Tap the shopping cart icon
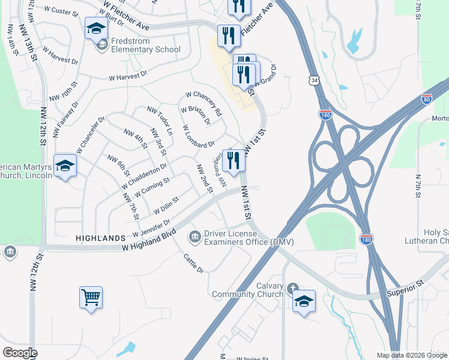pyautogui.click(x=91, y=297)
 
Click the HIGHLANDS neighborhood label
pyautogui.click(x=100, y=238)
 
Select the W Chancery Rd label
pyautogui.click(x=204, y=103)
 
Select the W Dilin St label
pyautogui.click(x=166, y=205)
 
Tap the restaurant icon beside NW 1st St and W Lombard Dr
pyautogui.click(x=234, y=160)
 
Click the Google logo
pyautogui.click(x=20, y=353)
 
